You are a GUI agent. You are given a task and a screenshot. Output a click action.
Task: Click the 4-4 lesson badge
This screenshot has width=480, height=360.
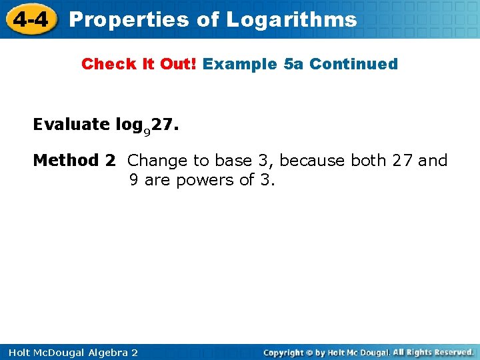click(x=29, y=19)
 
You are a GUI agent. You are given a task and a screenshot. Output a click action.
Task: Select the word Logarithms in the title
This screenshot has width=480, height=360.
click(x=291, y=19)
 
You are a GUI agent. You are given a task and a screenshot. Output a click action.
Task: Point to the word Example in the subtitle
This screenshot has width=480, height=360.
click(x=241, y=64)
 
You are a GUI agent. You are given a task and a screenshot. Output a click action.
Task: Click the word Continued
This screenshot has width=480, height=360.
click(x=353, y=64)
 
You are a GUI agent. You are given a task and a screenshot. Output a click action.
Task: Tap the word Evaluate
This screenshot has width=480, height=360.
click(x=71, y=124)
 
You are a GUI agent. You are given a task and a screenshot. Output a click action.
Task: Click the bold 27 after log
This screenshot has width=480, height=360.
click(x=162, y=124)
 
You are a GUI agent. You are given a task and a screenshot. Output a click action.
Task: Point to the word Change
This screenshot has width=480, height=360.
click(x=157, y=160)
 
